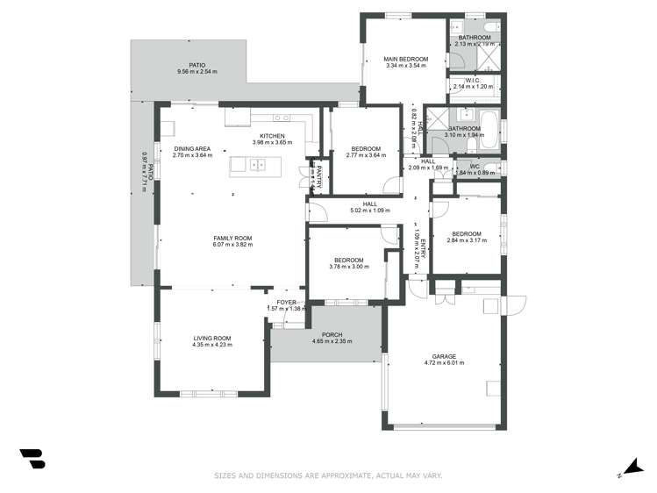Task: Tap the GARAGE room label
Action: [x=440, y=356]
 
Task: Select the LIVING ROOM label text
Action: [x=211, y=339]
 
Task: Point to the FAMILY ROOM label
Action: [x=232, y=238]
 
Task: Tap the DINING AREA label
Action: [x=192, y=149]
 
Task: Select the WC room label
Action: [x=474, y=166]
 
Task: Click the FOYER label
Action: [x=287, y=302]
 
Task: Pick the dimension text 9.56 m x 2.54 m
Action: [x=196, y=72]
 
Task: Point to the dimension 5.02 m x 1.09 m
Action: [x=369, y=211]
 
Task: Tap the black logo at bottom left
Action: [x=32, y=458]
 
